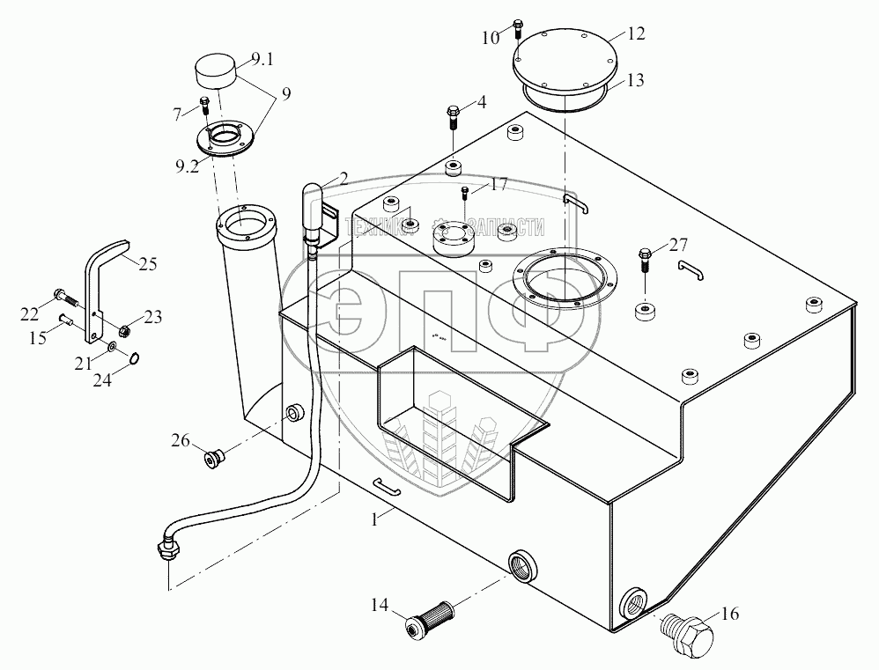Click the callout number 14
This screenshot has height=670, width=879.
click(380, 605)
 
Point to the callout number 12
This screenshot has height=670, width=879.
click(636, 33)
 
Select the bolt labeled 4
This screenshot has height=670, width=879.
click(453, 115)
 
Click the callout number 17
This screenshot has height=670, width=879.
click(499, 185)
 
